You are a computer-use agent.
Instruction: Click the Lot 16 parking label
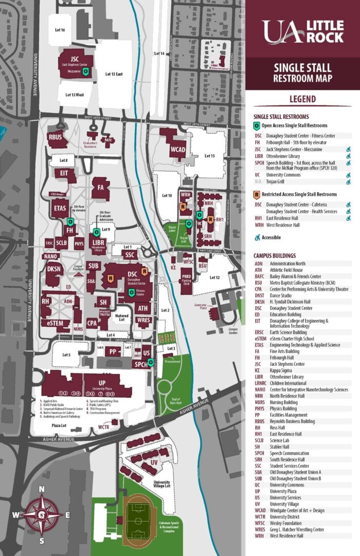click(59, 30)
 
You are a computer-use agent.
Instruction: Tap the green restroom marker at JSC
click(86, 72)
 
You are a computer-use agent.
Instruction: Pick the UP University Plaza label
click(102, 383)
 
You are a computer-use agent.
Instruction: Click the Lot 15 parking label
click(209, 156)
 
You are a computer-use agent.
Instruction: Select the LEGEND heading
click(302, 99)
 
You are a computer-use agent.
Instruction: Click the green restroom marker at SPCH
click(150, 362)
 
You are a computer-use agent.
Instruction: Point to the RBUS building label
click(55, 137)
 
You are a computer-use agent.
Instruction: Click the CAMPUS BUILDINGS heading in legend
click(275, 255)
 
